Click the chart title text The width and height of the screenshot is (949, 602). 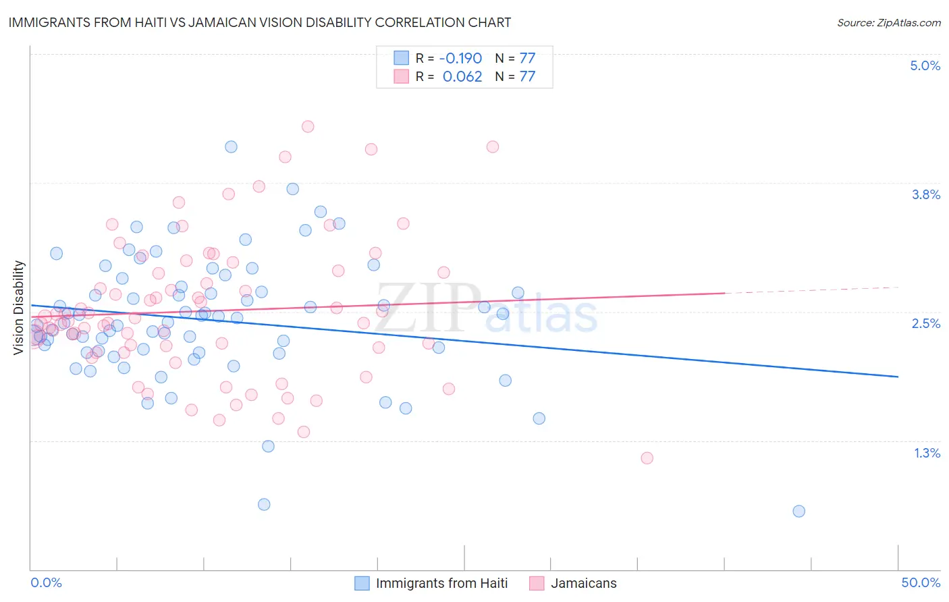[259, 22]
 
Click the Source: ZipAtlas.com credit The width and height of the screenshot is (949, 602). [888, 23]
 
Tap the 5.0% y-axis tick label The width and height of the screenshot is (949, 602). [925, 65]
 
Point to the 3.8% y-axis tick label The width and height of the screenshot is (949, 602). [925, 194]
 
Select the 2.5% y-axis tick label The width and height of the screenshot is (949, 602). [925, 323]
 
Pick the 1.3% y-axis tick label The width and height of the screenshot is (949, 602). [927, 453]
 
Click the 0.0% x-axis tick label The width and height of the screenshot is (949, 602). [47, 582]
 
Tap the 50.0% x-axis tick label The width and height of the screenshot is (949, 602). [921, 582]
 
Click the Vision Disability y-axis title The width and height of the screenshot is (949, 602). [19, 307]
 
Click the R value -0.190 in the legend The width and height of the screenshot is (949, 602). [462, 58]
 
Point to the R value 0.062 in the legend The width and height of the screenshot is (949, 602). [462, 76]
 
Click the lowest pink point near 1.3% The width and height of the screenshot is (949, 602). [647, 458]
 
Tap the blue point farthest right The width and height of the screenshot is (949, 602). [798, 511]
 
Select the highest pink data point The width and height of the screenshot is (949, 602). [308, 126]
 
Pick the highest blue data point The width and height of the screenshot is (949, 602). [231, 146]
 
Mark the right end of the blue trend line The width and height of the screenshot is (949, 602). [898, 377]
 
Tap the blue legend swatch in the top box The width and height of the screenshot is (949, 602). [402, 58]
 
